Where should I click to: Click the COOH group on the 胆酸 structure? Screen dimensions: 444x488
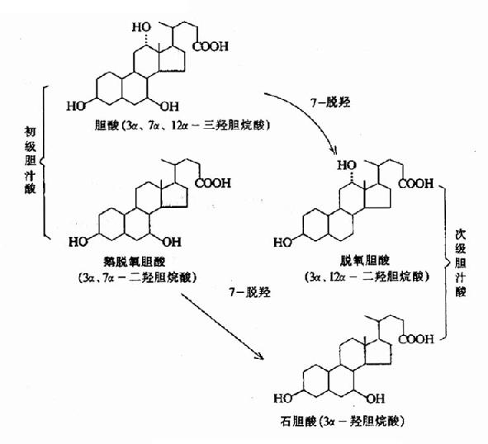tap(211, 47)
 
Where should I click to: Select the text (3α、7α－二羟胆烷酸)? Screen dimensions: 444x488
tap(143, 276)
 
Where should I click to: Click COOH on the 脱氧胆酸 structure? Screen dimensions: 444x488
tap(416, 183)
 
